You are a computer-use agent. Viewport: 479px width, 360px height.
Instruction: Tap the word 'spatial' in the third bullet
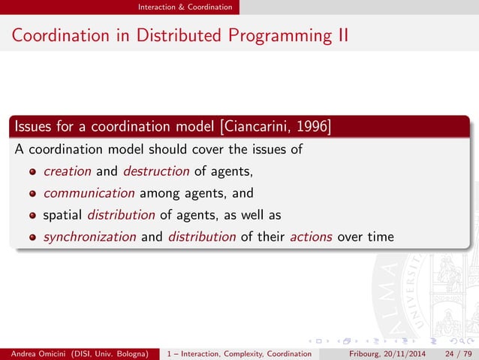tap(63, 215)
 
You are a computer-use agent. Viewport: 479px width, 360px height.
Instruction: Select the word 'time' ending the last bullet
tap(379, 237)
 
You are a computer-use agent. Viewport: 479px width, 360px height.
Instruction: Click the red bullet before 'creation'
tap(32, 171)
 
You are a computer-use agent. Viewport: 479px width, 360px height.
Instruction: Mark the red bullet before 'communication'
tap(32, 193)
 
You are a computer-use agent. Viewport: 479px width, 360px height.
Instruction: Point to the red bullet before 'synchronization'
tap(32, 237)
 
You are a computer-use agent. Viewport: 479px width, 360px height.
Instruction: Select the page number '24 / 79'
tap(458, 353)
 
